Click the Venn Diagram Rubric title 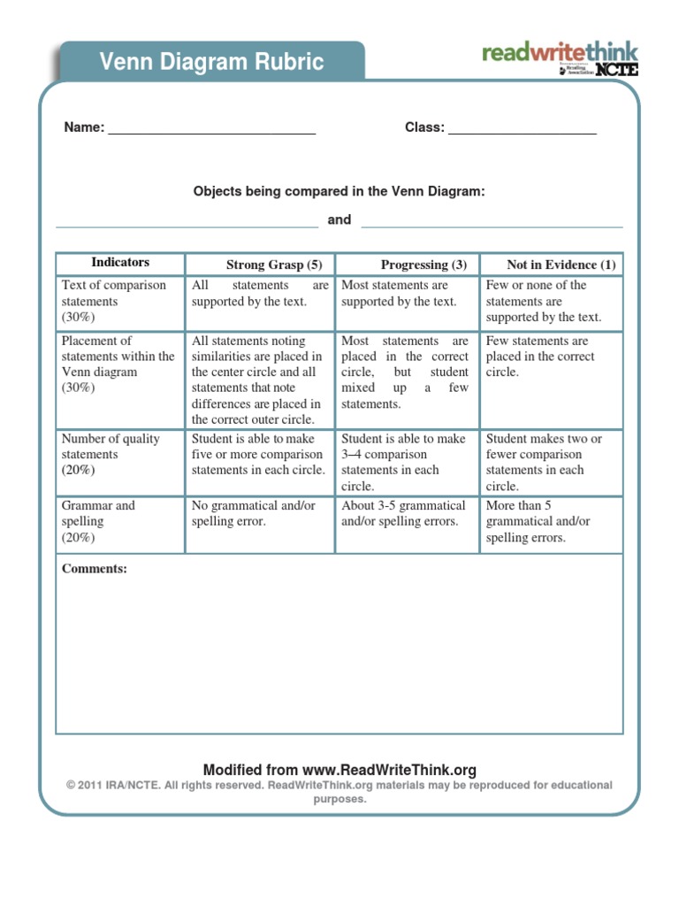pos(211,62)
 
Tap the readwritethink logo pos(560,58)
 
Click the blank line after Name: pos(211,129)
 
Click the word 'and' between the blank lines pos(339,219)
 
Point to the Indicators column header pos(120,263)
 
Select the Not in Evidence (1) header pos(561,265)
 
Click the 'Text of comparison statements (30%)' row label pos(113,301)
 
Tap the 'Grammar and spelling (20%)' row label pos(98,521)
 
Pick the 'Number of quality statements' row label pos(111,454)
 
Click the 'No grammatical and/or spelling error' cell pos(254,513)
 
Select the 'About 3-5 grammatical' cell pos(403,513)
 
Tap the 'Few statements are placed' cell pos(540,357)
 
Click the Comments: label pos(95,569)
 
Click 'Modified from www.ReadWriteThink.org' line pos(339,770)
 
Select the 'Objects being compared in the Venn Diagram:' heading pos(339,191)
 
